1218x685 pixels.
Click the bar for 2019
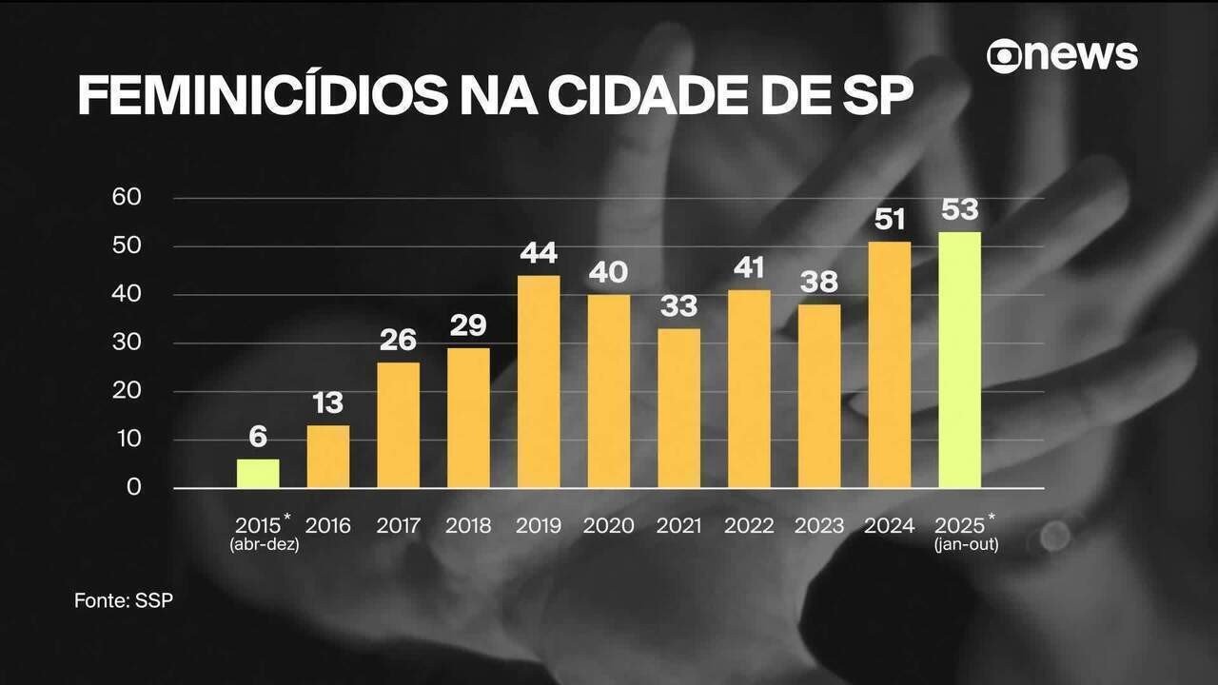tap(539, 382)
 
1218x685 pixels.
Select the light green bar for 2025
tap(959, 360)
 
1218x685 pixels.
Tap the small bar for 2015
tap(258, 474)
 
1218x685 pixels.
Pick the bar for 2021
tap(678, 408)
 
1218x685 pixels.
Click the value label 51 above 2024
tap(889, 220)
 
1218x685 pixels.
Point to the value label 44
tap(539, 253)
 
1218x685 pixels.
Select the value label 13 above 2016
tap(327, 403)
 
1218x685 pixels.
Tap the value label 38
tap(819, 283)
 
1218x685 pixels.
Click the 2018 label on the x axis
tap(468, 525)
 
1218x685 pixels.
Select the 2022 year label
tap(749, 525)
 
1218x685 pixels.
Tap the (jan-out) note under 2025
tap(966, 545)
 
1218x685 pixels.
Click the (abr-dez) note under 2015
tap(265, 545)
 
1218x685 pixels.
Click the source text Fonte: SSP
tap(124, 601)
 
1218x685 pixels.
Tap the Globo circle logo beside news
tap(1004, 55)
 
